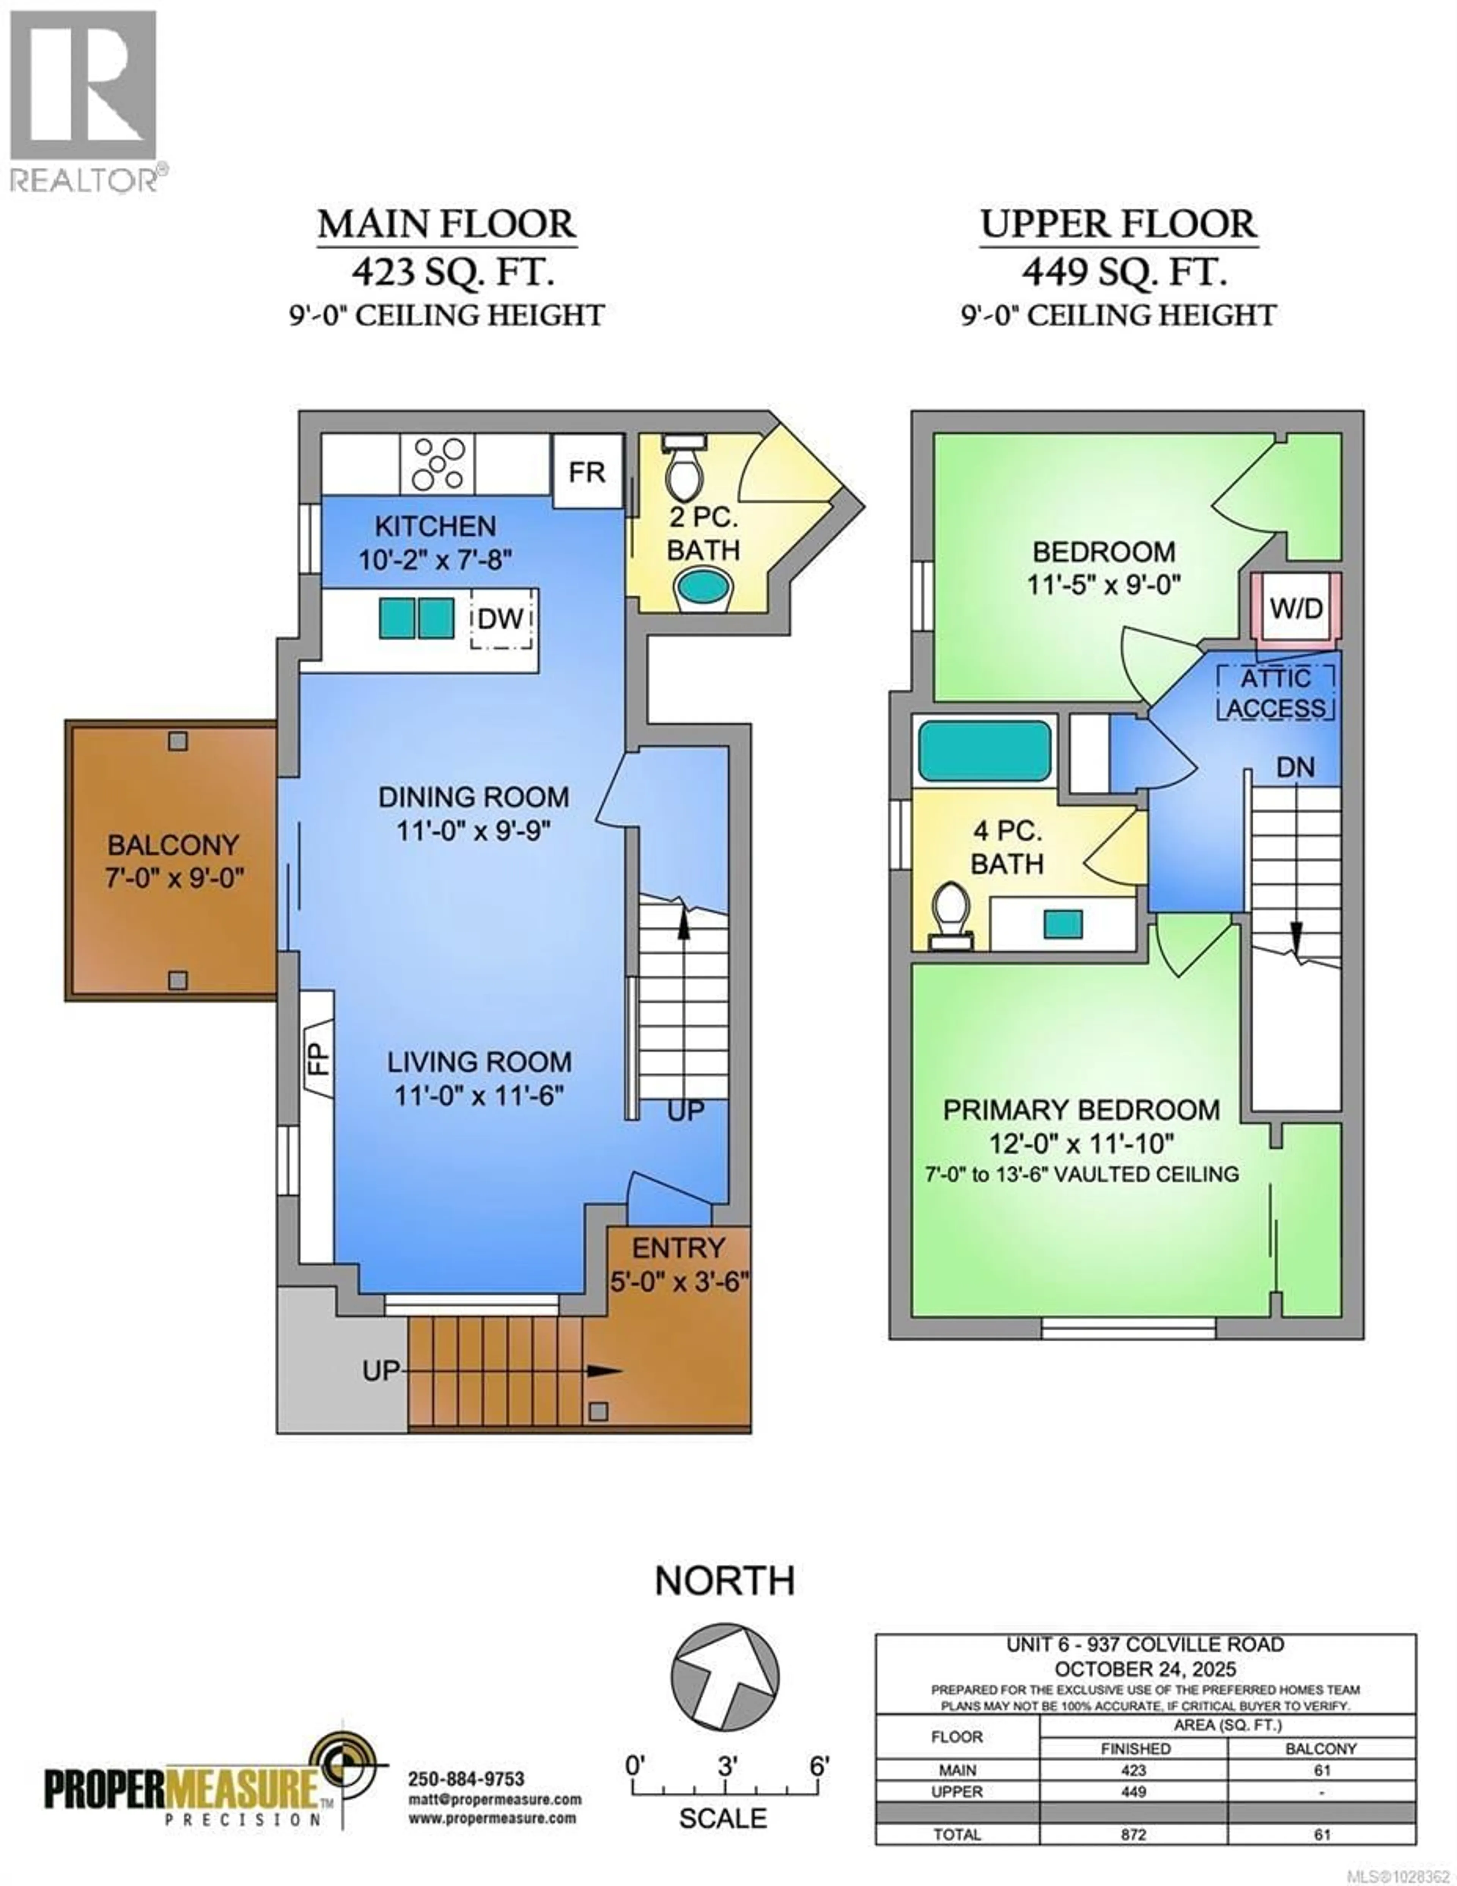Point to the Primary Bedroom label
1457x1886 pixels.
1081,1110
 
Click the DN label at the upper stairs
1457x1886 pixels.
1295,767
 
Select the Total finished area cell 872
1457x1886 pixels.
1133,1858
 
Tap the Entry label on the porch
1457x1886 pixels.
678,1248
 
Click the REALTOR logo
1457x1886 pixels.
84,99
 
